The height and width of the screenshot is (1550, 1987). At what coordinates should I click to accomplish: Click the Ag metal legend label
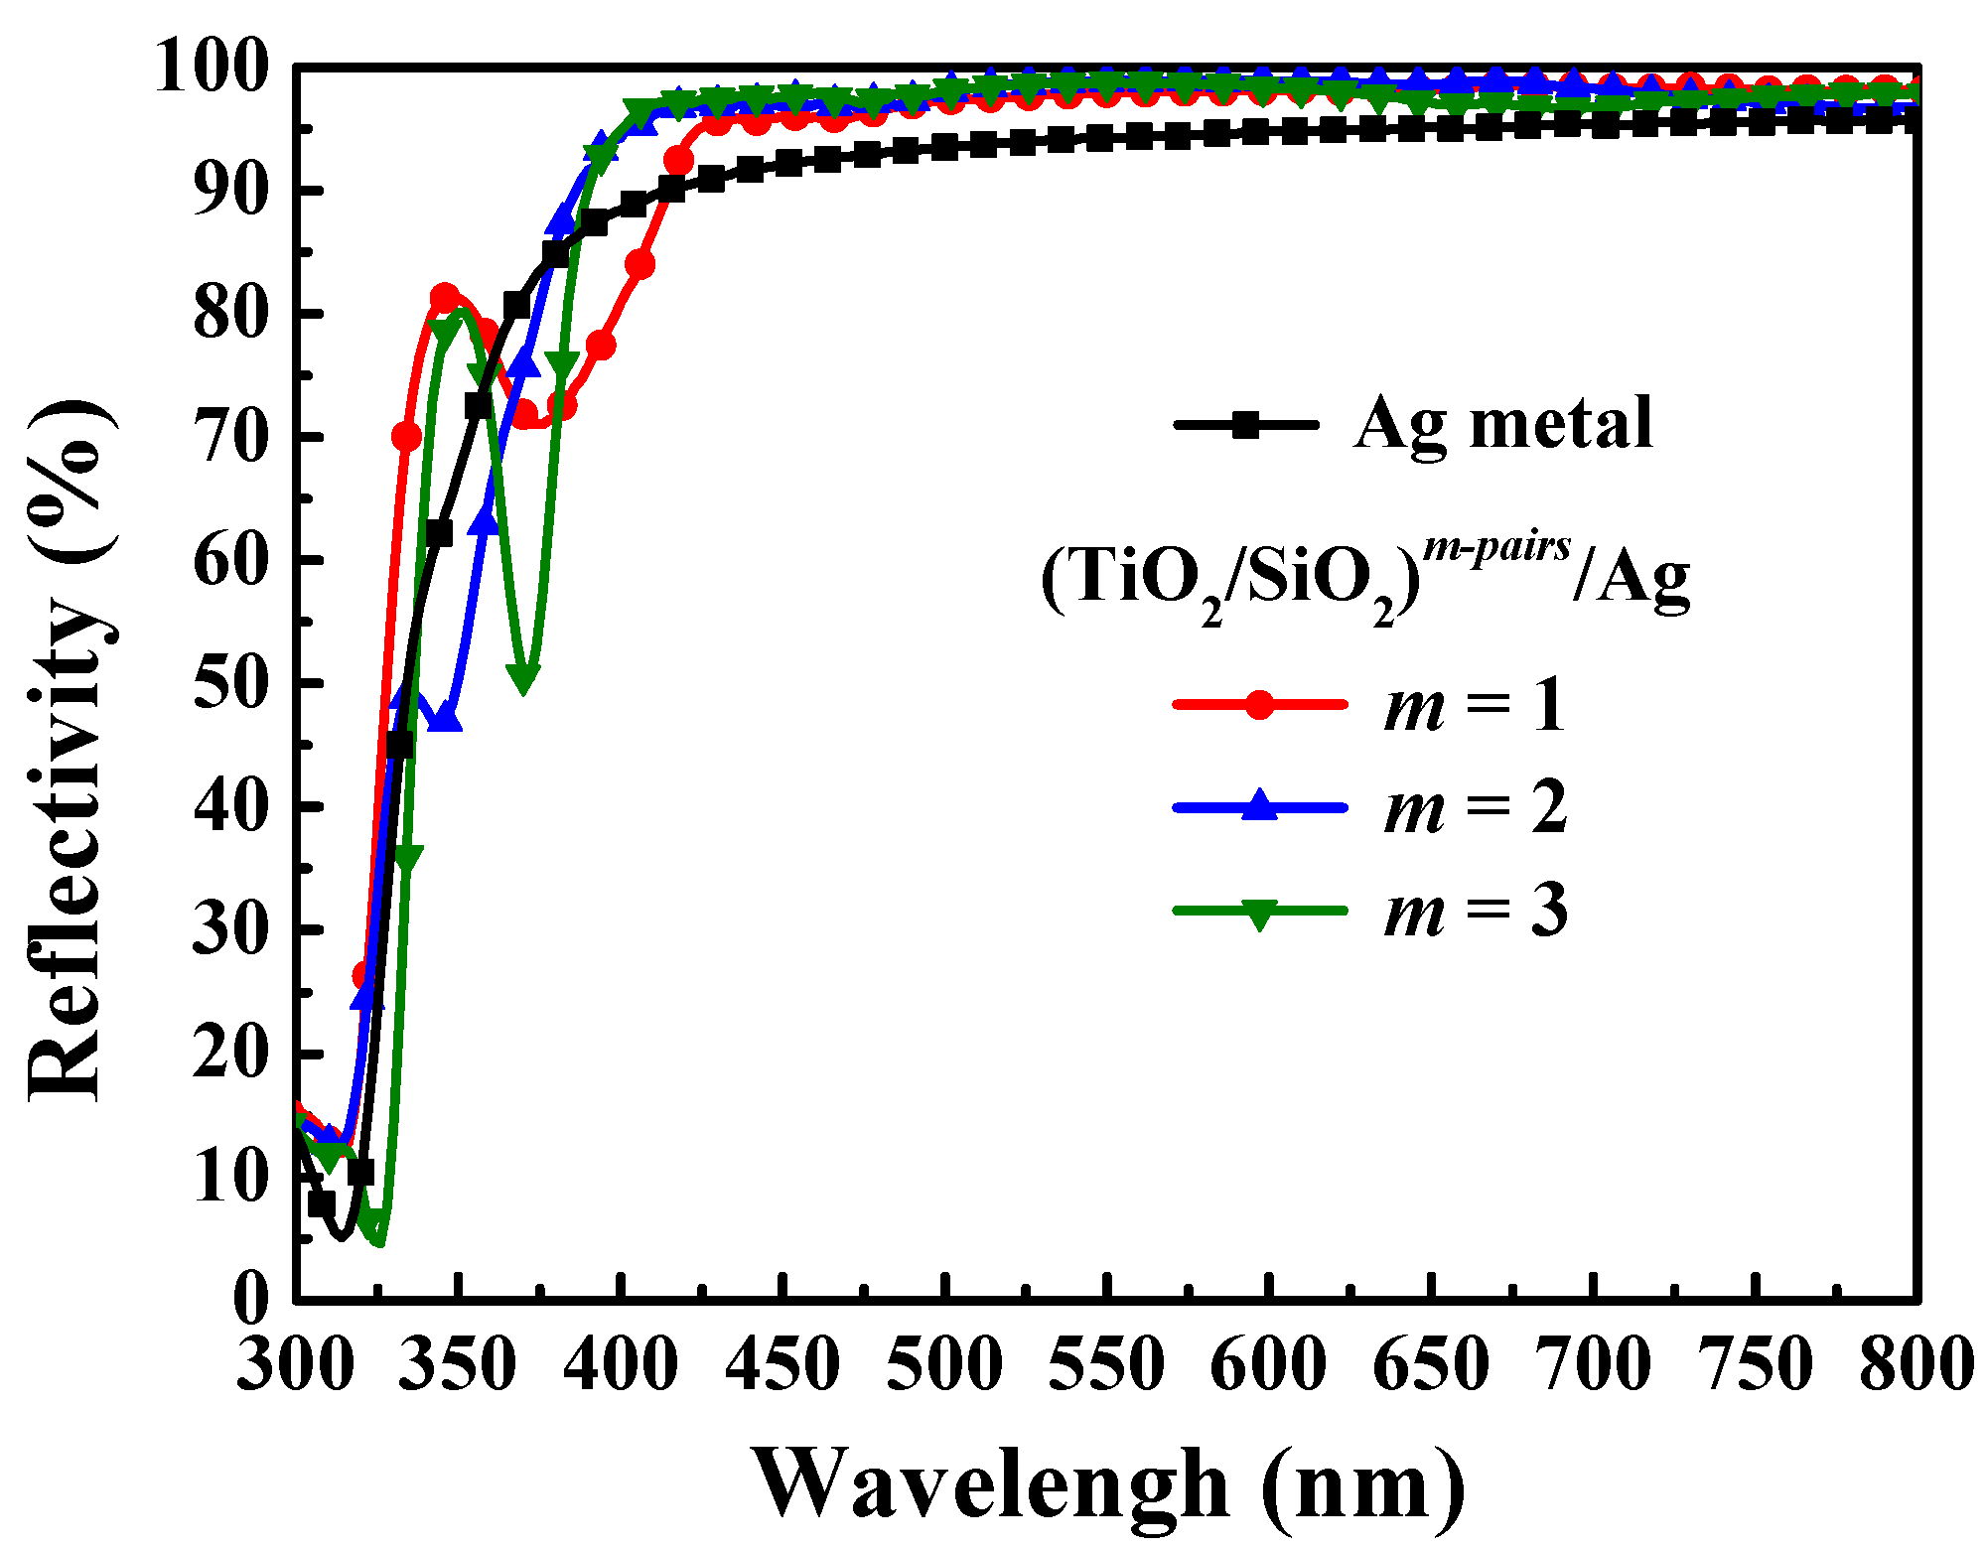pos(1502,424)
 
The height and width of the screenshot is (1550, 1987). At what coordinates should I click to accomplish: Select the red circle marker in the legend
pos(1259,704)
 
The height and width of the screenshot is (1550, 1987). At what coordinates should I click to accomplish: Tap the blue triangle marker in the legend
pos(1259,805)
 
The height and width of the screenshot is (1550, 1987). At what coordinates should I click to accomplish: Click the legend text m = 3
pos(1476,911)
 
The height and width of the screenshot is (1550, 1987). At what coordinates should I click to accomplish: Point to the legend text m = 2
pos(1476,807)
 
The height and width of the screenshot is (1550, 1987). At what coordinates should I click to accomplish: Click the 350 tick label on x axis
pos(458,1364)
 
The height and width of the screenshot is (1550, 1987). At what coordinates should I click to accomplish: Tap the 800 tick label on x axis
pos(1915,1364)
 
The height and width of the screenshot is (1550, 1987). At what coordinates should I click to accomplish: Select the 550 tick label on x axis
pos(1106,1364)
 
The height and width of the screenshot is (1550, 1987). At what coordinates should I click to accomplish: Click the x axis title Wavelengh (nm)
pos(1107,1482)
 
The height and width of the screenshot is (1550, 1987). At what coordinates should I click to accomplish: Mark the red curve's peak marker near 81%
pos(445,298)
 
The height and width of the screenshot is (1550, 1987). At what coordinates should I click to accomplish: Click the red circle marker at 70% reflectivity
pos(406,437)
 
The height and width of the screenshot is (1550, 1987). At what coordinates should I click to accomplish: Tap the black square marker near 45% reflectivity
pos(399,744)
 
